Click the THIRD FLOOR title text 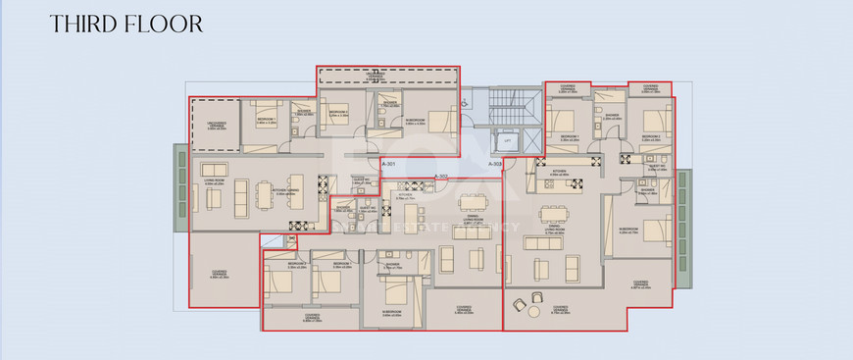(x=126, y=23)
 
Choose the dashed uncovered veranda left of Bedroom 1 (x=215, y=126)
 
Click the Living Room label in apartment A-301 (x=215, y=180)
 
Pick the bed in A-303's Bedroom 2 (x=654, y=120)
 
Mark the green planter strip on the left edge (x=180, y=186)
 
